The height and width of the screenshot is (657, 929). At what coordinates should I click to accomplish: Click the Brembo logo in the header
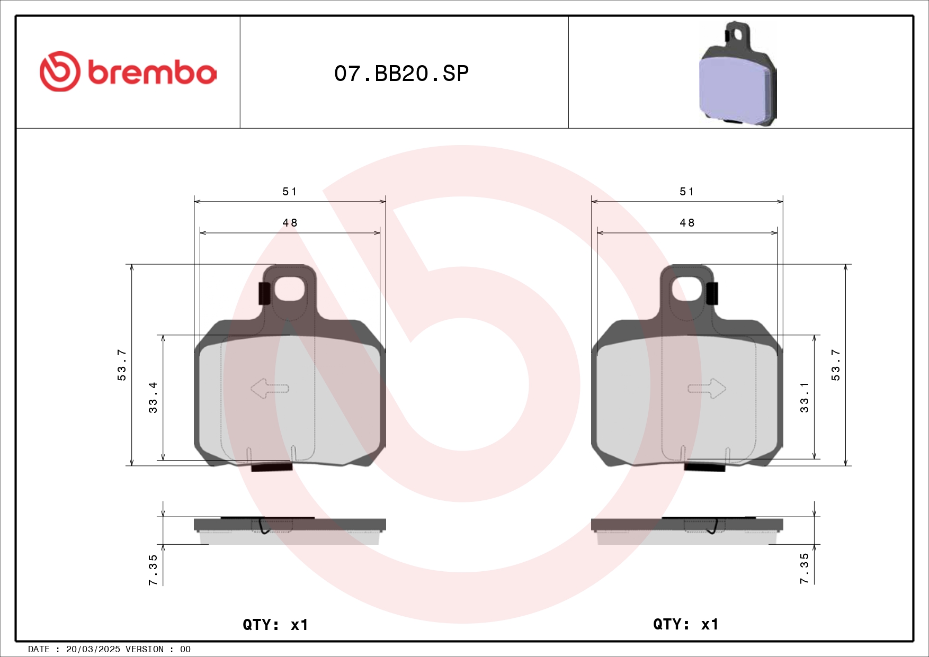(128, 71)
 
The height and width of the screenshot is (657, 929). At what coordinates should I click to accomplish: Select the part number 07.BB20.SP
(401, 74)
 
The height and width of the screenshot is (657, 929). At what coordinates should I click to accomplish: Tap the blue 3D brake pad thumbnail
(737, 74)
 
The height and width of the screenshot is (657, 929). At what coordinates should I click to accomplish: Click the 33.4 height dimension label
(153, 398)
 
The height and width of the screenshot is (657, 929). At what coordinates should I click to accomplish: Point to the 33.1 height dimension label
(805, 398)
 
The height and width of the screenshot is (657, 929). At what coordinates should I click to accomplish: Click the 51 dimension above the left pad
(290, 192)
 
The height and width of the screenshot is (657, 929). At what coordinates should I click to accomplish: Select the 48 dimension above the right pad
(687, 223)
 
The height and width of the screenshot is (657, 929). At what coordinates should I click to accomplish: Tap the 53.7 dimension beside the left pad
(122, 365)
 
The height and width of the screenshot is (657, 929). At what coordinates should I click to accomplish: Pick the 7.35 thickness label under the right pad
(805, 569)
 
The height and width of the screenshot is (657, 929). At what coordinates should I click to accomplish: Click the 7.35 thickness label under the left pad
(153, 570)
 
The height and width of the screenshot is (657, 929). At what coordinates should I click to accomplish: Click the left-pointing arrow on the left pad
(269, 389)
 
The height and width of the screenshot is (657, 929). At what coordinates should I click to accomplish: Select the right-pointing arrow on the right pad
(707, 389)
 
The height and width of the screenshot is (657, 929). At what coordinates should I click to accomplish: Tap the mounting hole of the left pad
(289, 289)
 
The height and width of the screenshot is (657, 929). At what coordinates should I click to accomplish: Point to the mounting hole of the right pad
(687, 289)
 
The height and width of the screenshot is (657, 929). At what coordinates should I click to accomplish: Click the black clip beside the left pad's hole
(264, 293)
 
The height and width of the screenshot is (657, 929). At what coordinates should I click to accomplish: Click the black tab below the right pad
(704, 467)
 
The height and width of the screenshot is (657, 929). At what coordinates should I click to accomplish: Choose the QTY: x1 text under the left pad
(275, 625)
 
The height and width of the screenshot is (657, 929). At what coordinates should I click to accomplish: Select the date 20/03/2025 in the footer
(93, 649)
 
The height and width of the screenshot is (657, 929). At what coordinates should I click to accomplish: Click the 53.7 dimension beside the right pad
(835, 365)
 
